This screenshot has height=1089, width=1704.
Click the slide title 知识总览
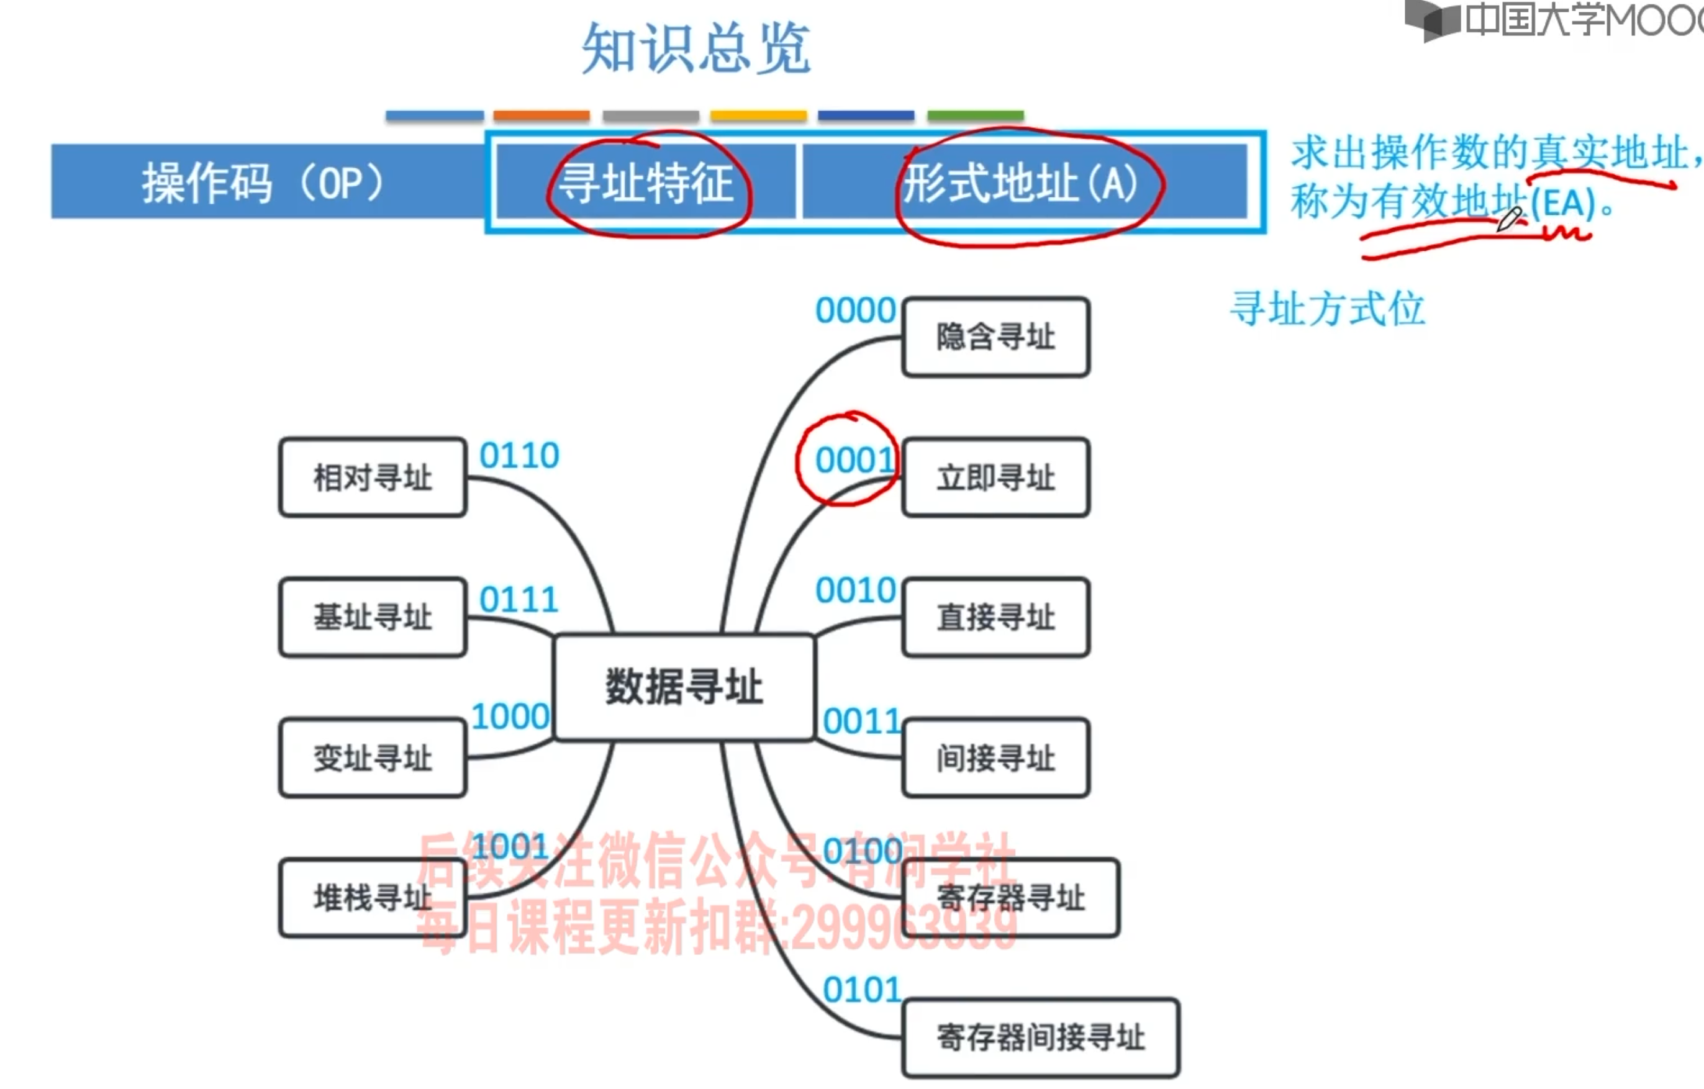[x=696, y=48]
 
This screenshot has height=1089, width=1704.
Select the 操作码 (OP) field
[x=263, y=183]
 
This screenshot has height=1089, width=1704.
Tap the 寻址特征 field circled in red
[x=646, y=183]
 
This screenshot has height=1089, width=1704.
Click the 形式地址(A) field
[x=1020, y=183]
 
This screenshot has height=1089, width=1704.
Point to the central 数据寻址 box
[x=684, y=687]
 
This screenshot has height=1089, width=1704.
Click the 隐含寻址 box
[x=995, y=337]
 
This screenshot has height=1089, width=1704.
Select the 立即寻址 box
[x=995, y=477]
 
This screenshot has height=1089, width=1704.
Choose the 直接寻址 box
[x=995, y=617]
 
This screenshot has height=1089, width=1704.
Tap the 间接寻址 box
[x=995, y=758]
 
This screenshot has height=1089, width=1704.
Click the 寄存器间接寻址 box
[x=1040, y=1037]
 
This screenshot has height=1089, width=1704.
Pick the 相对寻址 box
[x=373, y=477]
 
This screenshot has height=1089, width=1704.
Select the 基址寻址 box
[x=373, y=617]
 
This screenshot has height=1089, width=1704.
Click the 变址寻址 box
[x=373, y=758]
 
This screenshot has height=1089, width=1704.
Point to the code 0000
[x=855, y=310]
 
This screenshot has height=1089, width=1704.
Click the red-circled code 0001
[x=855, y=461]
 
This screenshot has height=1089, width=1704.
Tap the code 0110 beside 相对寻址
[x=519, y=456]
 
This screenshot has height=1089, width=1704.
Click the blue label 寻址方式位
[x=1327, y=309]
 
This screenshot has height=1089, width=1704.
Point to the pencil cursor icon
[x=1508, y=219]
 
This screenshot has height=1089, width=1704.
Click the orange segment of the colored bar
[x=542, y=115]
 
